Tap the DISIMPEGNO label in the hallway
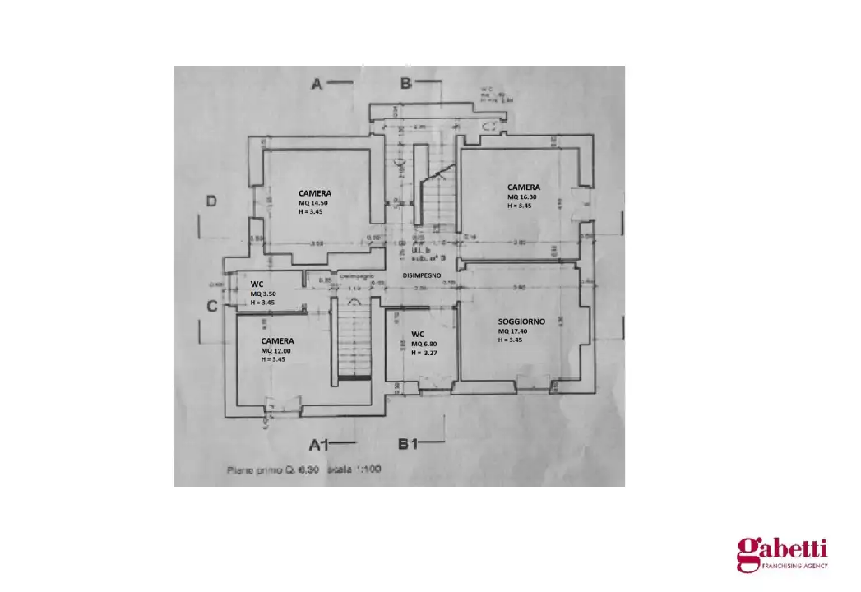(422, 275)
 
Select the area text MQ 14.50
(313, 203)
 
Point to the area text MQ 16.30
(523, 197)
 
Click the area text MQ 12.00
(277, 349)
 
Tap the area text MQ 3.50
(263, 294)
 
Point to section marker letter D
(211, 201)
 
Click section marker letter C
(211, 306)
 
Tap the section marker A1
(318, 445)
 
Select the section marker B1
(409, 445)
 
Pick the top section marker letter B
(405, 83)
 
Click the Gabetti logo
(781, 553)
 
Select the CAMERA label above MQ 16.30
(524, 187)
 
